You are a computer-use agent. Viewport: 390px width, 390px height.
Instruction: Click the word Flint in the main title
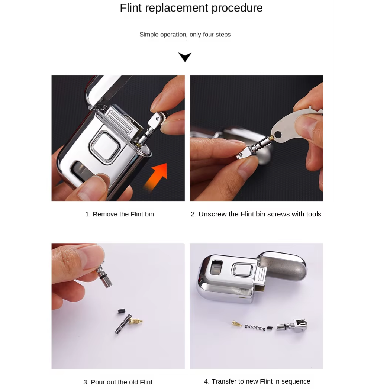(130, 8)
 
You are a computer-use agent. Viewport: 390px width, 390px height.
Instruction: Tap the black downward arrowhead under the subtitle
(185, 57)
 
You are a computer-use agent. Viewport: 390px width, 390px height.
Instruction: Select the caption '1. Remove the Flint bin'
(119, 214)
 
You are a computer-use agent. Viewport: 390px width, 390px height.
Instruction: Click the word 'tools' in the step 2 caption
(313, 214)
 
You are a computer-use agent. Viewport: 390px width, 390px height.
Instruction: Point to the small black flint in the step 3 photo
(121, 311)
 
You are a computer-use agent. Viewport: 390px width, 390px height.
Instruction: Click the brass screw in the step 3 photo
(135, 321)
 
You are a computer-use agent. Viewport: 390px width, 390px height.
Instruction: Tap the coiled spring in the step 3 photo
(123, 324)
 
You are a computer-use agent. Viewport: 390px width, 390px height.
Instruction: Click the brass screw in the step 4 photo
(236, 323)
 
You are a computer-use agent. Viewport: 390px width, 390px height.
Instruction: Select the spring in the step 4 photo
(255, 328)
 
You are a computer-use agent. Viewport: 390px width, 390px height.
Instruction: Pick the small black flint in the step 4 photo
(270, 328)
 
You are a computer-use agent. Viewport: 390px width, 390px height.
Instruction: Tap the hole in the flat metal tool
(278, 135)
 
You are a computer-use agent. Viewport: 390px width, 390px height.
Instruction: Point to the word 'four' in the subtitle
(208, 34)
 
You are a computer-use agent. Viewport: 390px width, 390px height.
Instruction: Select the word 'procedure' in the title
(237, 8)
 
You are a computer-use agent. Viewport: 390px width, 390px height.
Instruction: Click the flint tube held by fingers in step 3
(104, 276)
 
